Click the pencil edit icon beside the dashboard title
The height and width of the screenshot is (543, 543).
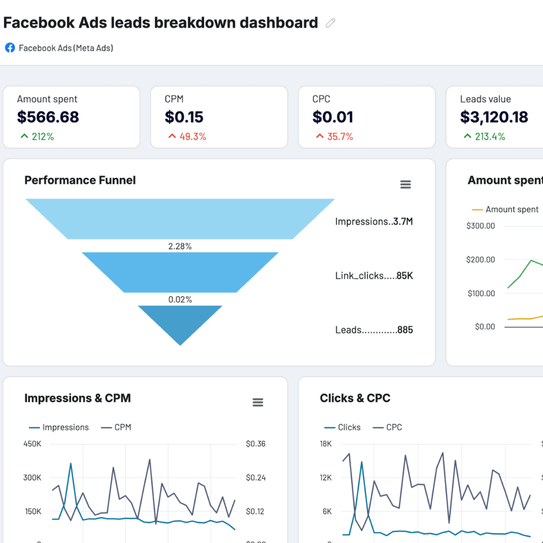(x=330, y=23)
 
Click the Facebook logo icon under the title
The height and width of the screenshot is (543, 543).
(x=10, y=48)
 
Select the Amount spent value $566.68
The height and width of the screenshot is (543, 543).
(x=48, y=117)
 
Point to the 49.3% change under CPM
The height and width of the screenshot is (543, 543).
(x=187, y=137)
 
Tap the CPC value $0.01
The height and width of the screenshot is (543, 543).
(x=332, y=117)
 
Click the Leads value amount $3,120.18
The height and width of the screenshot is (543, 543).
(x=494, y=117)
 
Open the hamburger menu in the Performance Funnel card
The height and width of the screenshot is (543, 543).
(x=405, y=185)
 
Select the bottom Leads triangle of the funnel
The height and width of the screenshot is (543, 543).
(x=180, y=321)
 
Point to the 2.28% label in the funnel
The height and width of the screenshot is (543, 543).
(x=180, y=246)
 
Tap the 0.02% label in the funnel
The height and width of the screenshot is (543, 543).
(x=180, y=300)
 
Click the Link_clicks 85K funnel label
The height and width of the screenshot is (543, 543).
(x=374, y=276)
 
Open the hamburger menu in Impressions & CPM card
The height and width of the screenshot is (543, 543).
(x=258, y=402)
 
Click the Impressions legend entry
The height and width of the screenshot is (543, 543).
(x=59, y=427)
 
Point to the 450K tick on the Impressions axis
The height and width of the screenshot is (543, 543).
(x=32, y=444)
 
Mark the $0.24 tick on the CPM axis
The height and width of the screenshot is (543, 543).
(x=255, y=478)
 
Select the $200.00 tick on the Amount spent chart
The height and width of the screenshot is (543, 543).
(x=480, y=259)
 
